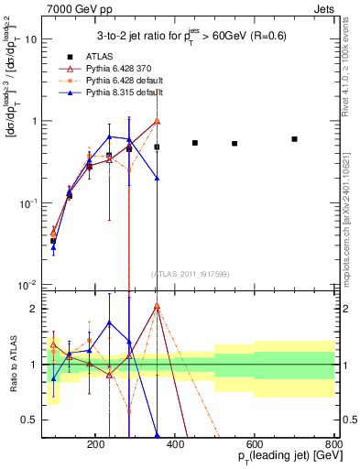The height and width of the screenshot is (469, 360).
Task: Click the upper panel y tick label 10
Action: pyautogui.click(x=29, y=39)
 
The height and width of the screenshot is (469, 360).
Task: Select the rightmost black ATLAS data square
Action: pyautogui.click(x=294, y=139)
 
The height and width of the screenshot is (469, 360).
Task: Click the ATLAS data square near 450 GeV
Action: pyautogui.click(x=195, y=143)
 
